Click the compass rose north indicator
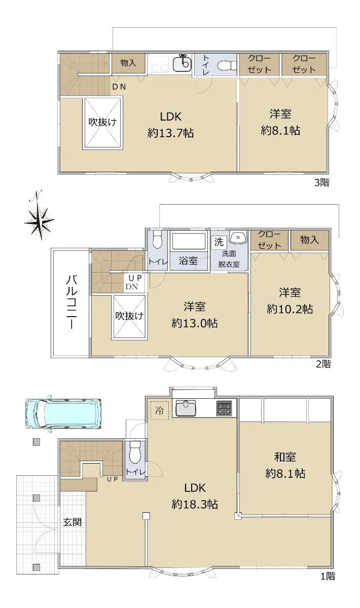click(40, 216)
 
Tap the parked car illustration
click(63, 413)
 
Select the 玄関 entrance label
click(73, 522)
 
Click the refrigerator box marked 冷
click(160, 410)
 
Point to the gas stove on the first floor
click(224, 408)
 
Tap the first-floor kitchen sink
click(186, 408)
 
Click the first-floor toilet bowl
click(135, 452)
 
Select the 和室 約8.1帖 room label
click(285, 466)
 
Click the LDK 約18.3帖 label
click(195, 496)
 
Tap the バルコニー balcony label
click(71, 302)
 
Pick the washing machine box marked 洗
click(219, 242)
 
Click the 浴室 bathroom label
click(188, 260)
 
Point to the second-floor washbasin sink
click(238, 237)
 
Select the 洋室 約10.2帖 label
click(290, 301)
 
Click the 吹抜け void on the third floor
click(102, 123)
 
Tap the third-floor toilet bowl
click(227, 65)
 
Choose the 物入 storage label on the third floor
click(128, 63)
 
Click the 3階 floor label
click(322, 183)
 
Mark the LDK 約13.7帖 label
click(171, 125)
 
